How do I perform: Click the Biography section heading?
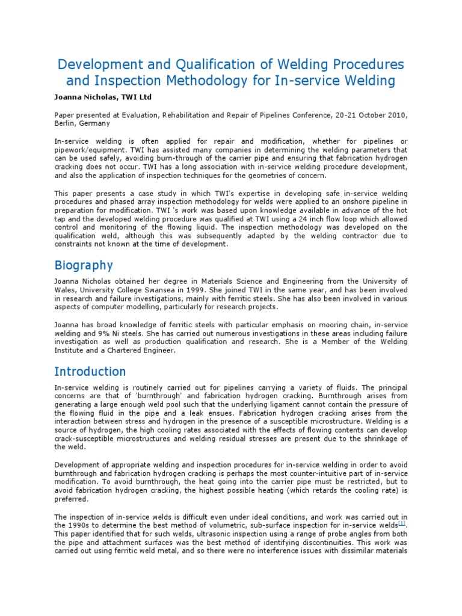[x=84, y=265]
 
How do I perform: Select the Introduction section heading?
[x=90, y=371]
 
